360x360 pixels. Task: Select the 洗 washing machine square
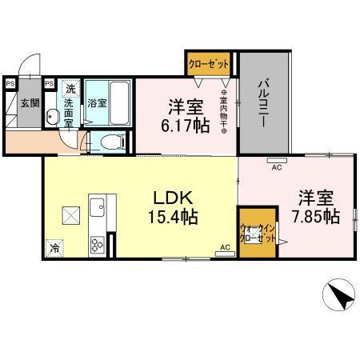coord(70,88)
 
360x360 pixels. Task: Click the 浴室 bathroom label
coord(96,103)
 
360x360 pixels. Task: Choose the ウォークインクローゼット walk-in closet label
coord(257,234)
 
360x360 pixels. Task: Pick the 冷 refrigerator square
coord(54,248)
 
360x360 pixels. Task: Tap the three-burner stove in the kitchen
coord(98,245)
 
